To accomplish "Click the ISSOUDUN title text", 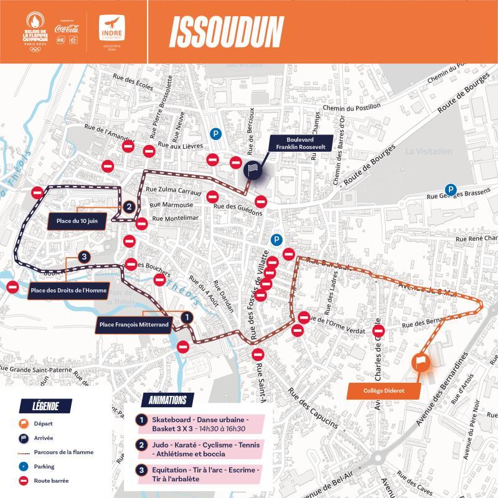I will (226, 32).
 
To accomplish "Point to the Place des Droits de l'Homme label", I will (68, 290).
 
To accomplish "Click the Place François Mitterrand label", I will (134, 324).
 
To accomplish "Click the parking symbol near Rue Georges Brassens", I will (449, 190).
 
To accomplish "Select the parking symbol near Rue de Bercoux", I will (215, 133).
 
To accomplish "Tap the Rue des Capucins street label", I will (314, 408).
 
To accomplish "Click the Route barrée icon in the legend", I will (26, 481).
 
